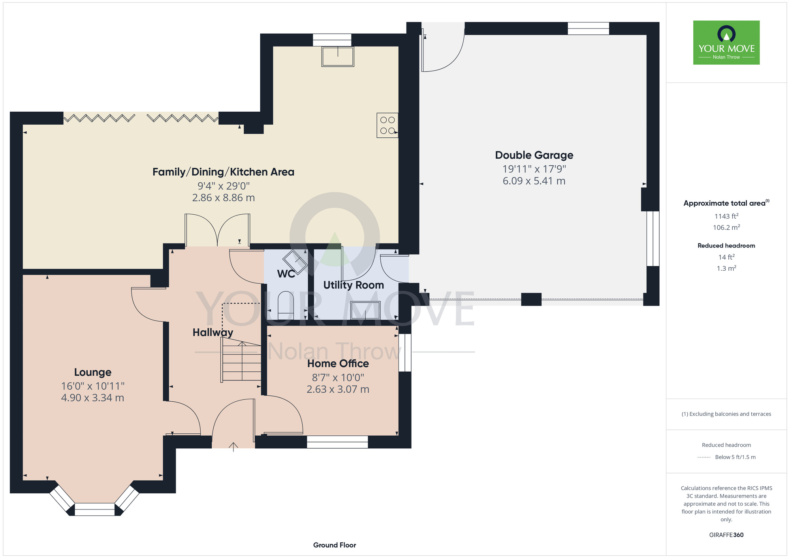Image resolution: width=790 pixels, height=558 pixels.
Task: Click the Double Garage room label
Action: tap(534, 155)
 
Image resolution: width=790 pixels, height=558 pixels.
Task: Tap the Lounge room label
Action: tap(93, 372)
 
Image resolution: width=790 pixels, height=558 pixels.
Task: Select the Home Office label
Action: tap(338, 363)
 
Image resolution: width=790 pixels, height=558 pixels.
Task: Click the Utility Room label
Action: tap(354, 285)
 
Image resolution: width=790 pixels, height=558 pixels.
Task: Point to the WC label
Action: tap(286, 273)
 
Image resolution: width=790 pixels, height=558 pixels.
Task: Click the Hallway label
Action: tap(213, 333)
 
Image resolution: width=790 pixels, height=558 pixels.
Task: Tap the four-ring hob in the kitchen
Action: tap(387, 125)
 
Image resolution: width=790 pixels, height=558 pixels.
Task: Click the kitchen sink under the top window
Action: tap(338, 56)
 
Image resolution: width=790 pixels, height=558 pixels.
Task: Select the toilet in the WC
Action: tap(286, 305)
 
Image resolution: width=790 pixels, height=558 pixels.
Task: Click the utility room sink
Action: tap(365, 310)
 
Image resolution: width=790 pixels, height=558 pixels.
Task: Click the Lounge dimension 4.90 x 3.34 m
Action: tap(93, 398)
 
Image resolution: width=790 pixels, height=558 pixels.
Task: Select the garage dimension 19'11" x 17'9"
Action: tap(534, 169)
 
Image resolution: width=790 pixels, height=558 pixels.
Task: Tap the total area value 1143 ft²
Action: tap(726, 216)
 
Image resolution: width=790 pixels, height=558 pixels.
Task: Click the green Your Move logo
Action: tap(726, 43)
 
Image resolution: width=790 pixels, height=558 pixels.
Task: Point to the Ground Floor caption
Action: tap(335, 545)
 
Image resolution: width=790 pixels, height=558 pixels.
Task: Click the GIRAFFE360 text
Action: tap(726, 535)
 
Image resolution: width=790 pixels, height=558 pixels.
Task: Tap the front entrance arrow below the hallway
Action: tap(233, 447)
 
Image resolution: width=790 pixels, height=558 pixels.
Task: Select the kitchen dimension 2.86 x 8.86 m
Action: tap(224, 198)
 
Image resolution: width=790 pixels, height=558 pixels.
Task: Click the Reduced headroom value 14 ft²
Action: tap(726, 257)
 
